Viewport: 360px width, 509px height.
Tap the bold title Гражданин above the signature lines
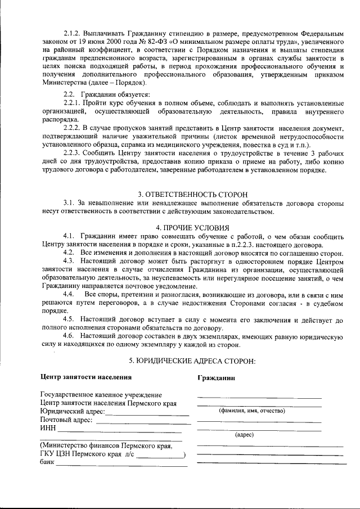tap(216, 378)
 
